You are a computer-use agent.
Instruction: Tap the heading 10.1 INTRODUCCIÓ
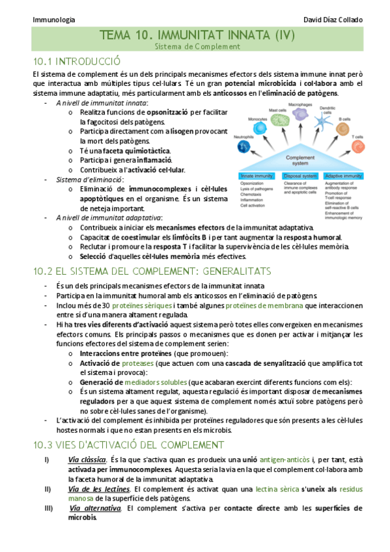pyautogui.click(x=76, y=61)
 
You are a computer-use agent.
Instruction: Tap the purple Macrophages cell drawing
pyautogui.click(x=299, y=112)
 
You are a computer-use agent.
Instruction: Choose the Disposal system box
pyautogui.click(x=301, y=176)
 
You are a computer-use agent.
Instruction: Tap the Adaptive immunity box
pyautogui.click(x=343, y=176)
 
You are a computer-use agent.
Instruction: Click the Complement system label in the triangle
pyautogui.click(x=300, y=161)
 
